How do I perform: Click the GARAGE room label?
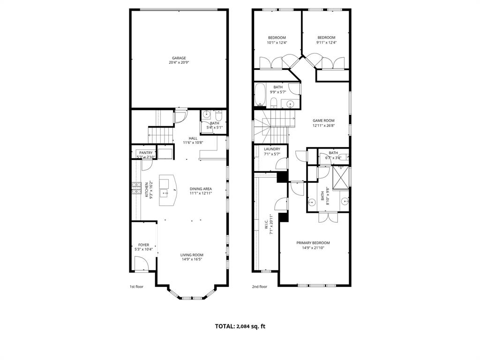point(179,58)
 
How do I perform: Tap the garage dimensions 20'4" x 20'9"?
point(179,63)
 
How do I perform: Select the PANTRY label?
point(146,153)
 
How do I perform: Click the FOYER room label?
point(143,245)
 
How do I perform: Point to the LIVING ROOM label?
point(192,255)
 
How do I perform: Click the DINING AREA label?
point(201,188)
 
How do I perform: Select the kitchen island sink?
point(165,192)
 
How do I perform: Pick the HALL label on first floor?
point(193,138)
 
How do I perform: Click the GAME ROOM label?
point(323,120)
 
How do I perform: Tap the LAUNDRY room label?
point(272,149)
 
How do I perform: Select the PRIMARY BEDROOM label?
point(313,243)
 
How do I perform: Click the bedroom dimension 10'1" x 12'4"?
point(277,43)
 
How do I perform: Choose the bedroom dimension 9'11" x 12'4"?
point(326,43)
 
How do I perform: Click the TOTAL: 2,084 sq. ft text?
point(240,326)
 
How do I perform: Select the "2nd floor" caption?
point(259,286)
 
